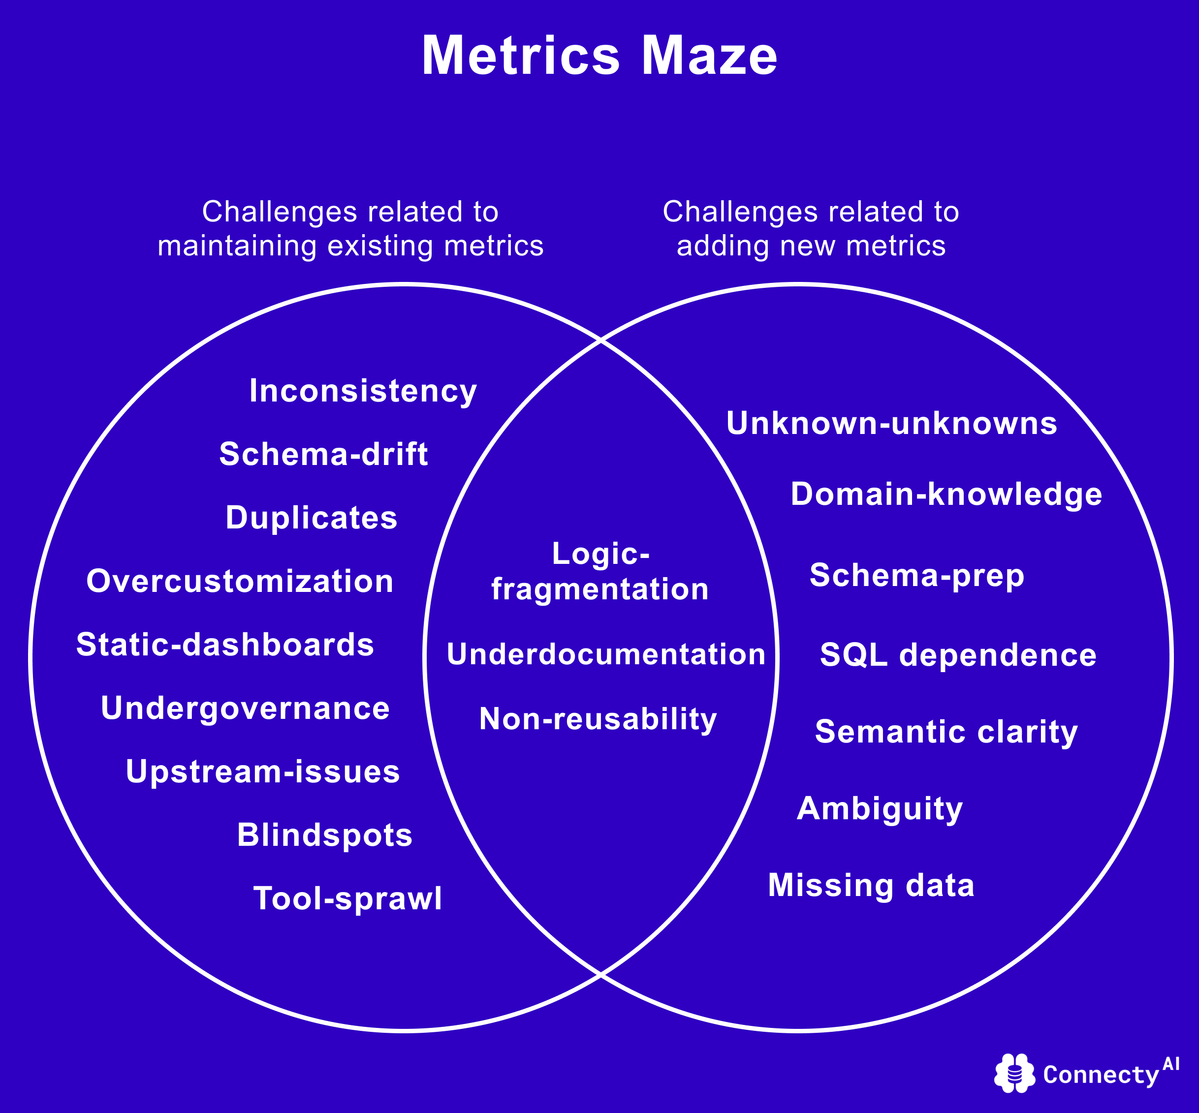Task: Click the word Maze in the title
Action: tap(709, 56)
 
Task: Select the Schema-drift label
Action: tap(323, 454)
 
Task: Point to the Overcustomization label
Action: tap(240, 582)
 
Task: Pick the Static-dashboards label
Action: tap(225, 645)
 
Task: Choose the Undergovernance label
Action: tap(245, 708)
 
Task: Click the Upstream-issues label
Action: tap(263, 772)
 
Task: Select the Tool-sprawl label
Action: tap(347, 898)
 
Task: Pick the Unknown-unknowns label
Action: tap(892, 423)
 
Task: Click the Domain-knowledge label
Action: tap(947, 495)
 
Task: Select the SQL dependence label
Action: tap(958, 655)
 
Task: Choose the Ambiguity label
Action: tap(880, 809)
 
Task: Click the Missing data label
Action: tap(871, 885)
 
